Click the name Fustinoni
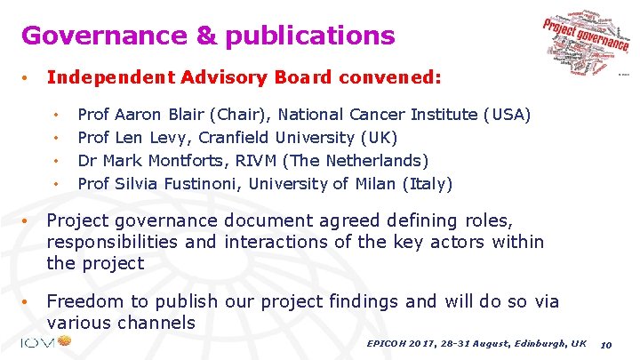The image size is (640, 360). [x=199, y=184]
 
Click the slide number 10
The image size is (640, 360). [x=606, y=344]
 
